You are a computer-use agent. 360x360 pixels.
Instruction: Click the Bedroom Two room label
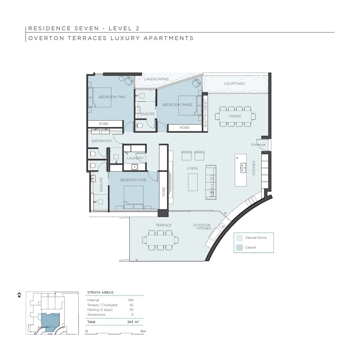(x=112, y=97)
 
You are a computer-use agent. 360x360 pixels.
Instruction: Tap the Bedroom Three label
(x=177, y=105)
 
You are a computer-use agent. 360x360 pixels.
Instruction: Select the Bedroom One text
(x=133, y=180)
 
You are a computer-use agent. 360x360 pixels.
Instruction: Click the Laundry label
(x=135, y=158)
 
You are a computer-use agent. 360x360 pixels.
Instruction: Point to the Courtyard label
(x=234, y=84)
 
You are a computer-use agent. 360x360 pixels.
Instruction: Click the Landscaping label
(x=156, y=79)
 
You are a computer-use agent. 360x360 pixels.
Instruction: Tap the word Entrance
(x=258, y=145)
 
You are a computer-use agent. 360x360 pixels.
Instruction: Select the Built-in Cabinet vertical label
(x=205, y=113)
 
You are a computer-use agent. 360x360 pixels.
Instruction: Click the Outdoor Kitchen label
(x=202, y=227)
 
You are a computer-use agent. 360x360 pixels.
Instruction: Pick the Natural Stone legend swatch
(x=239, y=238)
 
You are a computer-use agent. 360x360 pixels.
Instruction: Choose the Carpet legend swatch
(x=239, y=247)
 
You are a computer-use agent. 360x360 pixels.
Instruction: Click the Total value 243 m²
(x=133, y=322)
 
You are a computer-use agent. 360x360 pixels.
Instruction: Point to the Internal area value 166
(x=131, y=300)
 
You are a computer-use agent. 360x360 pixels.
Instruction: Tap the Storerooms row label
(x=96, y=315)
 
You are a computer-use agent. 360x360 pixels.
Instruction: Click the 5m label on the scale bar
(x=143, y=331)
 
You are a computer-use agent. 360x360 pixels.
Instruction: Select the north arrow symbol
(x=19, y=295)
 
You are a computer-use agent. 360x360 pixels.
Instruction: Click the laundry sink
(x=135, y=167)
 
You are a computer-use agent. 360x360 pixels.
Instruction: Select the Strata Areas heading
(x=100, y=292)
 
